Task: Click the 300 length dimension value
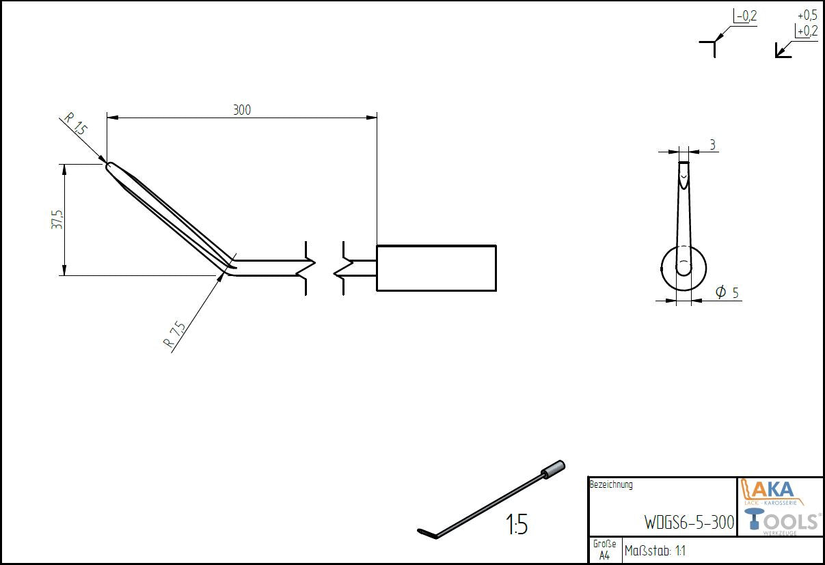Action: (x=242, y=110)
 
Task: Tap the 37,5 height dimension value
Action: (x=57, y=220)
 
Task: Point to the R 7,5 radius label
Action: (x=174, y=334)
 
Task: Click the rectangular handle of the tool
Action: (x=436, y=268)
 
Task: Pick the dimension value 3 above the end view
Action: (x=713, y=145)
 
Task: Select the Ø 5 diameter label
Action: (x=727, y=292)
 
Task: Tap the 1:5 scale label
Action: (x=517, y=524)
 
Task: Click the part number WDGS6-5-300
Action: (x=689, y=522)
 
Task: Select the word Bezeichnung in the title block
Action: (x=611, y=484)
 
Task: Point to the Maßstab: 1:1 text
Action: (x=655, y=551)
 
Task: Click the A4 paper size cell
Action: (x=604, y=555)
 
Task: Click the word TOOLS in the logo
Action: (x=781, y=521)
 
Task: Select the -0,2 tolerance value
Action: (x=746, y=16)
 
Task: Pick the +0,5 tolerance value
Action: (x=807, y=16)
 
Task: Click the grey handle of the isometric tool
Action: (x=552, y=469)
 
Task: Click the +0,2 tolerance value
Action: (x=807, y=31)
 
